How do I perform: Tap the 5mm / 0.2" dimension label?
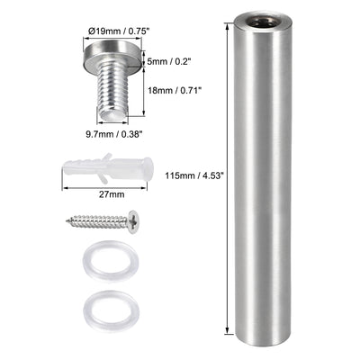165,62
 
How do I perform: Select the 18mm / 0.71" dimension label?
169,91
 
